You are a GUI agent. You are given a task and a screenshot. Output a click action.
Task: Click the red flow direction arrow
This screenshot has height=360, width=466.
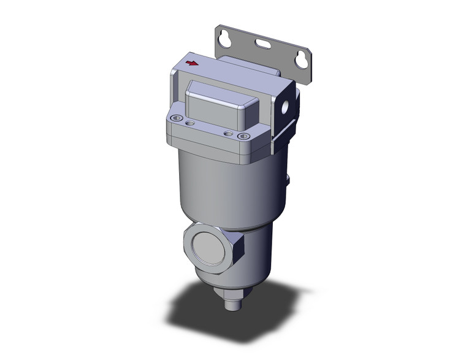point(193,63)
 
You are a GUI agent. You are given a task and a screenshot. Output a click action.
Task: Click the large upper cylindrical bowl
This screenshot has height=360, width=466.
point(227,184)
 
